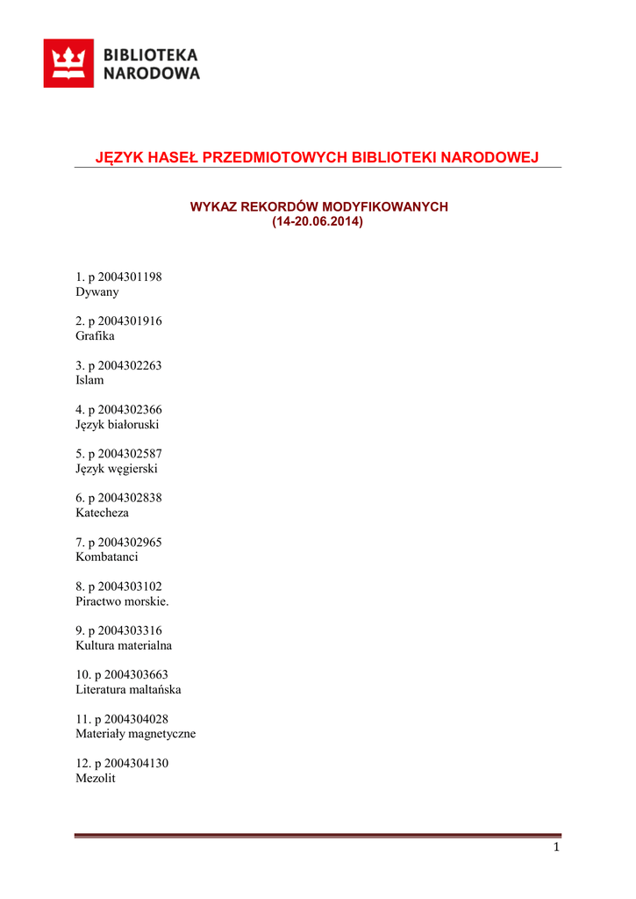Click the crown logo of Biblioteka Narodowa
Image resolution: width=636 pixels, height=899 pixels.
click(68, 63)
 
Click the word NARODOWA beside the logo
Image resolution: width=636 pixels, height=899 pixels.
click(152, 74)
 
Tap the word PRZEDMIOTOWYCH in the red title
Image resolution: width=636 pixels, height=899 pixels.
click(273, 158)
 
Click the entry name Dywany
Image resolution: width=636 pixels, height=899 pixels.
click(97, 291)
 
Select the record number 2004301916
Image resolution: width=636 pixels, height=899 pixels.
click(130, 321)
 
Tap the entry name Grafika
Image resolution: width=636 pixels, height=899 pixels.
click(96, 336)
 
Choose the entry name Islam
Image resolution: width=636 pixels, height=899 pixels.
click(89, 380)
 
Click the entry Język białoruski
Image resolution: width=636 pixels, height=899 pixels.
click(118, 424)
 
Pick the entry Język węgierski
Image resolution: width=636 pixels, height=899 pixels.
click(117, 469)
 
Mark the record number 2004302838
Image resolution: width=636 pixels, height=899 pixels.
click(130, 498)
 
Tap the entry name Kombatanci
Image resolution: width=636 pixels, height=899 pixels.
click(107, 557)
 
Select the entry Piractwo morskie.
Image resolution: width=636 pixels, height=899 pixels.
click(122, 601)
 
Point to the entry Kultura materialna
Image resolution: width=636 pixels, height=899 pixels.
click(124, 645)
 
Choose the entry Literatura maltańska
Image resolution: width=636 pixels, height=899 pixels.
click(128, 689)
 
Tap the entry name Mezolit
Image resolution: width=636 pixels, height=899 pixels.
click(96, 778)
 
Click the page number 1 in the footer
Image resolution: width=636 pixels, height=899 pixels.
click(555, 847)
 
